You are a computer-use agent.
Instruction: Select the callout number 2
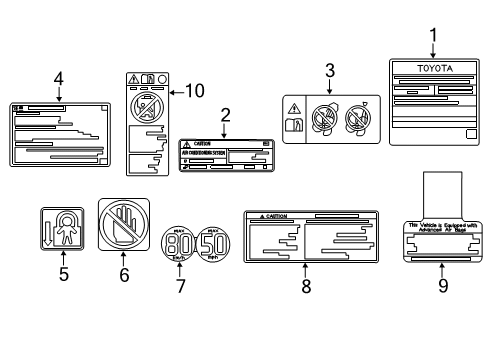(225, 115)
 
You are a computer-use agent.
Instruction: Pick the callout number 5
(62, 273)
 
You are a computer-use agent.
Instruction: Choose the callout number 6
(124, 273)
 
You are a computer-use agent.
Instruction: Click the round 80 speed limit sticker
(178, 246)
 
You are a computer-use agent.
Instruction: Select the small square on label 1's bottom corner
(470, 135)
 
